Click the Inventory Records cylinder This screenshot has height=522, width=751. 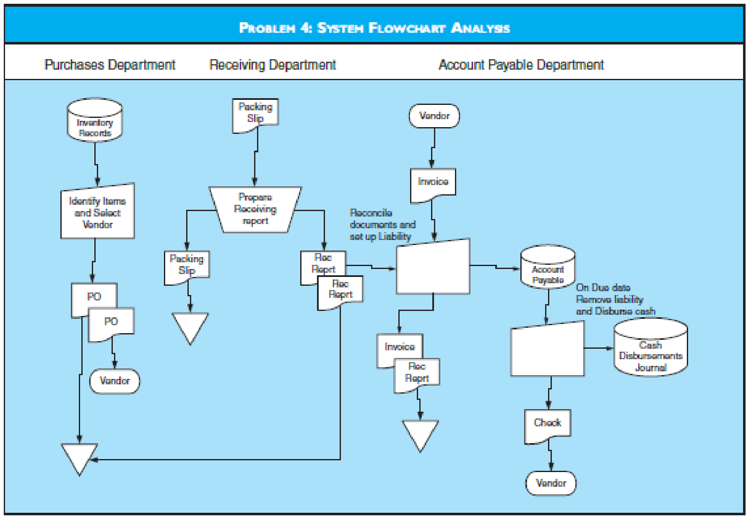95,121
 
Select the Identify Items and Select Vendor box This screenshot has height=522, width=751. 97,212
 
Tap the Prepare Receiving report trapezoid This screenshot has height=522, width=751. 255,209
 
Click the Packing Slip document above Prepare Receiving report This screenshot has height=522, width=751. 255,113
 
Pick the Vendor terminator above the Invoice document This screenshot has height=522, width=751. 434,116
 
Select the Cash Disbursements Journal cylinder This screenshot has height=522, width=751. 650,348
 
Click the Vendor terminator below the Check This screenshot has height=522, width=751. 551,483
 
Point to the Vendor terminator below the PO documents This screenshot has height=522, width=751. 114,381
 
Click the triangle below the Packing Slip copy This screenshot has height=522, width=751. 190,325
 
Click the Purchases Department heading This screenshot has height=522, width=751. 110,65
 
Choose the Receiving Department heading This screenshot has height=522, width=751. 273,65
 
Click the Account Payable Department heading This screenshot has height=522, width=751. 521,65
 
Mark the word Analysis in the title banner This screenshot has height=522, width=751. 481,28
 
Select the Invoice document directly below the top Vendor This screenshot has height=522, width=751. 433,183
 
